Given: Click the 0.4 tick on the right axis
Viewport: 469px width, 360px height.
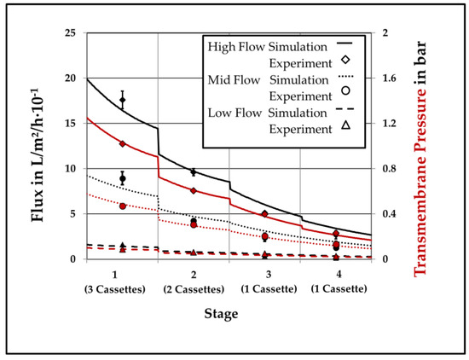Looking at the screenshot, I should point(390,214).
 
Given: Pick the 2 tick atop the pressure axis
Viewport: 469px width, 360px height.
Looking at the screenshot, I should point(385,33).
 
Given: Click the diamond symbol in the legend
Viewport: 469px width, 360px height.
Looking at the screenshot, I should point(345,61).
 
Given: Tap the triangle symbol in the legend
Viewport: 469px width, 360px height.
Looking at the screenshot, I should point(345,128).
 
